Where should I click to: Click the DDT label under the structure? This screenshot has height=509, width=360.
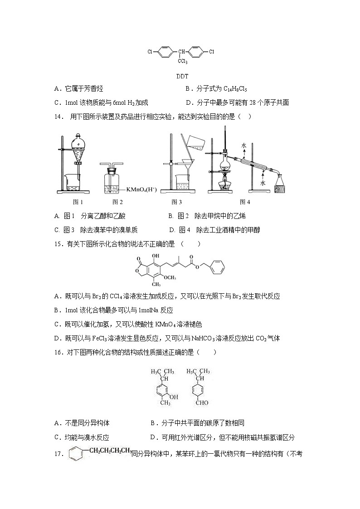(x=182, y=76)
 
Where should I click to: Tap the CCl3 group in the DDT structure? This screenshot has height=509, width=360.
(x=182, y=61)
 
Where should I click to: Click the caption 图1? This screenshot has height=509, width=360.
(x=78, y=202)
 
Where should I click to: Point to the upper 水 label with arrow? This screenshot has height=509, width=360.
(x=244, y=146)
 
